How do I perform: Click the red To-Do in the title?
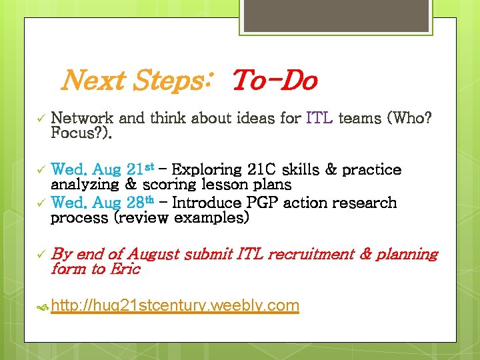274,81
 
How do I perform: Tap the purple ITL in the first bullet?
319,119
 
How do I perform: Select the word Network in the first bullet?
83,119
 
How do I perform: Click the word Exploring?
209,169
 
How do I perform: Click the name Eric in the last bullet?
125,269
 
